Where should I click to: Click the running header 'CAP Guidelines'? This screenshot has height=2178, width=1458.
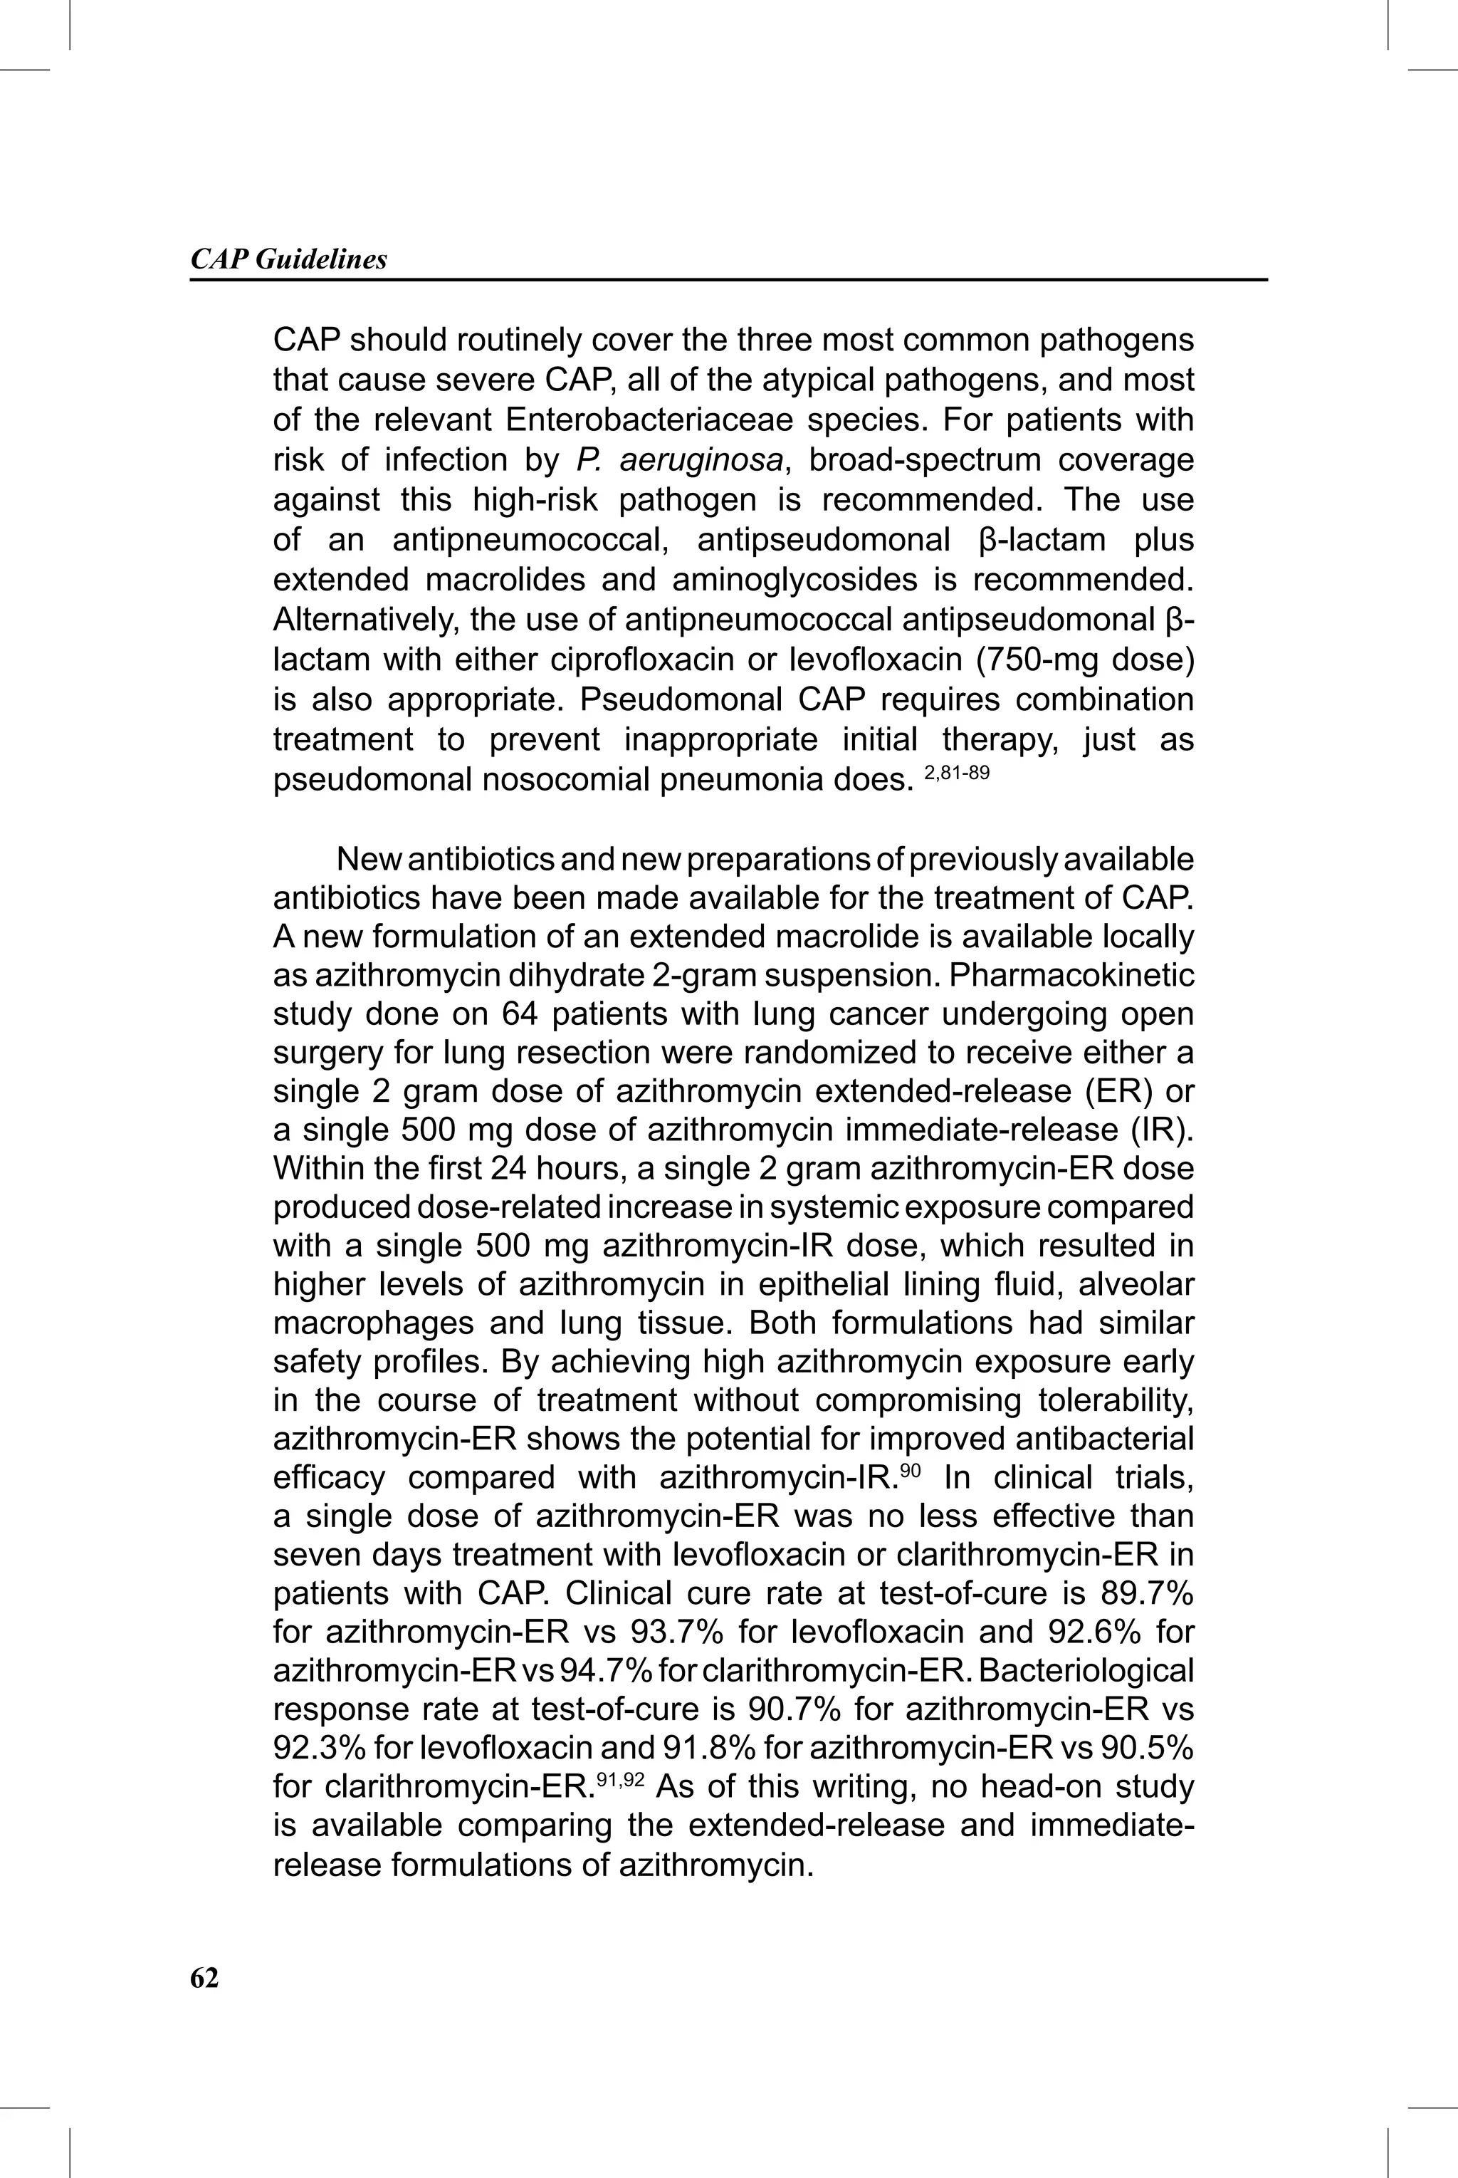(x=288, y=259)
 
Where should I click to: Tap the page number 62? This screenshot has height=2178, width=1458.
(x=204, y=1978)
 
